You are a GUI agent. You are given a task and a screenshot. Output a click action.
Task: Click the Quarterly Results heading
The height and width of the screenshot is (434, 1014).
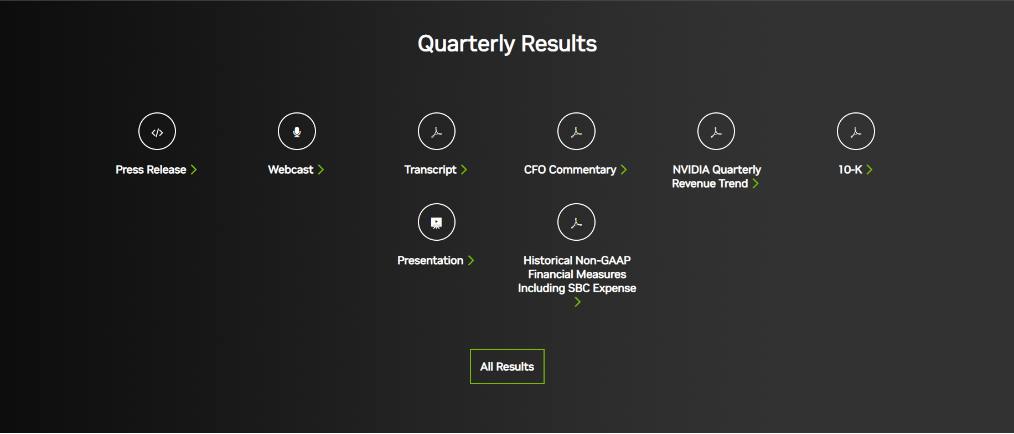[507, 44]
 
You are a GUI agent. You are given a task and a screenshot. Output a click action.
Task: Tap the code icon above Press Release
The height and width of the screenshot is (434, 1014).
[157, 132]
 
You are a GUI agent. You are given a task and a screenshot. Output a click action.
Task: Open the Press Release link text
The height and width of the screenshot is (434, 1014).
[151, 169]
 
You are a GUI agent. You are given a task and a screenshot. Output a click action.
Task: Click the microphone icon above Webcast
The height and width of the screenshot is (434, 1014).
[297, 132]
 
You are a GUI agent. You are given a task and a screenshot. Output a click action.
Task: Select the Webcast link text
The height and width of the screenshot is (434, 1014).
[291, 169]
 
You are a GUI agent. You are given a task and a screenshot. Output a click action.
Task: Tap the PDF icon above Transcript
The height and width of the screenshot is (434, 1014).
[437, 132]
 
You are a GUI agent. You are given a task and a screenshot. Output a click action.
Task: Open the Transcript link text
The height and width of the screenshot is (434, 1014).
[430, 169]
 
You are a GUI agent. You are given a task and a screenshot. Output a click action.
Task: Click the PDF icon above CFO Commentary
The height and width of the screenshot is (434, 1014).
[576, 132]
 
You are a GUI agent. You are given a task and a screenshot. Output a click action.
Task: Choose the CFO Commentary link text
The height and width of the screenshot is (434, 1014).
[570, 169]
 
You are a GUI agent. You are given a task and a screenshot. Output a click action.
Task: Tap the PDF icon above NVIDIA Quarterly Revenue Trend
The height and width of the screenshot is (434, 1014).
[716, 132]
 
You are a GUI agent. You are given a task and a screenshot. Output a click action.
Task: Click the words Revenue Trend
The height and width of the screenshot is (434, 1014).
[710, 183]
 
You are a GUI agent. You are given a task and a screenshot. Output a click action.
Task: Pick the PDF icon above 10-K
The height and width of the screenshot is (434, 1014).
[856, 132]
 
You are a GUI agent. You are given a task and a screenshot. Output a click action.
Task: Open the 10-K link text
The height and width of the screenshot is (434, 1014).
[850, 169]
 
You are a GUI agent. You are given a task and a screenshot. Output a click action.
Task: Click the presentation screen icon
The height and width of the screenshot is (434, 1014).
[437, 223]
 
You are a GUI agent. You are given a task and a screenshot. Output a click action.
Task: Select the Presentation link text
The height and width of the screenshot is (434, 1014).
[430, 260]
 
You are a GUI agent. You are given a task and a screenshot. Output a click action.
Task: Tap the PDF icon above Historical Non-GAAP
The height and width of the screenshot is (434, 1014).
[576, 223]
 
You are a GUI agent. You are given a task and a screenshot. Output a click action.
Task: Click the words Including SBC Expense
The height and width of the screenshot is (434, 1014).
[577, 288]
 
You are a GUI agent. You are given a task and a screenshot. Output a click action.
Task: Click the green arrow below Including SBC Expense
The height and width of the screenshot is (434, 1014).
[577, 302]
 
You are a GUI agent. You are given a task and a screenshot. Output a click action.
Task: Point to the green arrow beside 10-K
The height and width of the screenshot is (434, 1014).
[869, 169]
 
